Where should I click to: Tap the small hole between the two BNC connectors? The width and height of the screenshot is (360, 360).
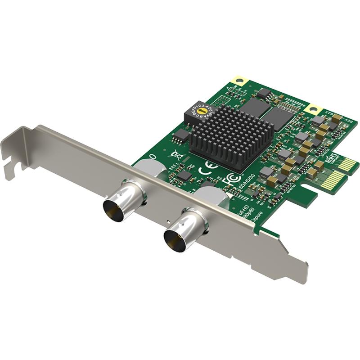(x=167, y=221)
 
